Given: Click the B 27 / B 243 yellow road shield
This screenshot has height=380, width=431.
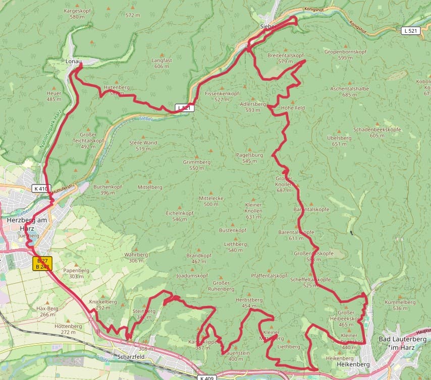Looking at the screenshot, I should click(x=42, y=264).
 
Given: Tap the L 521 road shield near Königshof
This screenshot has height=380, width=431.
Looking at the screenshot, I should click(x=411, y=31).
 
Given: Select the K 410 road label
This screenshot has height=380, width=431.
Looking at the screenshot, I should click(x=41, y=188).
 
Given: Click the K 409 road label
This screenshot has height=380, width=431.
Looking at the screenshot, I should click(x=206, y=377).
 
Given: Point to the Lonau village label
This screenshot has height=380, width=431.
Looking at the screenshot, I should click(x=74, y=61).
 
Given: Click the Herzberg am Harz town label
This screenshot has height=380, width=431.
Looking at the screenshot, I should click(x=27, y=224).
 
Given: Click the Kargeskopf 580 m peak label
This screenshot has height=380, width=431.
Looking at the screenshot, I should click(x=77, y=14).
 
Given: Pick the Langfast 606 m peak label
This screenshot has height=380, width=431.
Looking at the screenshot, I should click(x=161, y=63).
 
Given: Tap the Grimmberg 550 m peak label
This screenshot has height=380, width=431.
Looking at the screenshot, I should click(x=197, y=165).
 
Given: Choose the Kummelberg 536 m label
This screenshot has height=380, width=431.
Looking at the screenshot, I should click(x=400, y=305).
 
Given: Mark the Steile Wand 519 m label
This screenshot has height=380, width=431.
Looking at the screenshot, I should click(x=143, y=145).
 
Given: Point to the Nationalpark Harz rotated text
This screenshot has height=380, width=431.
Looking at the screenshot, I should click(x=50, y=128).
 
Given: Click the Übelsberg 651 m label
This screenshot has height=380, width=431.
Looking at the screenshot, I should click(x=339, y=140).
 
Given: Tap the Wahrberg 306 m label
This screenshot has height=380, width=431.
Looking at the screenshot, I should click(x=136, y=258).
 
